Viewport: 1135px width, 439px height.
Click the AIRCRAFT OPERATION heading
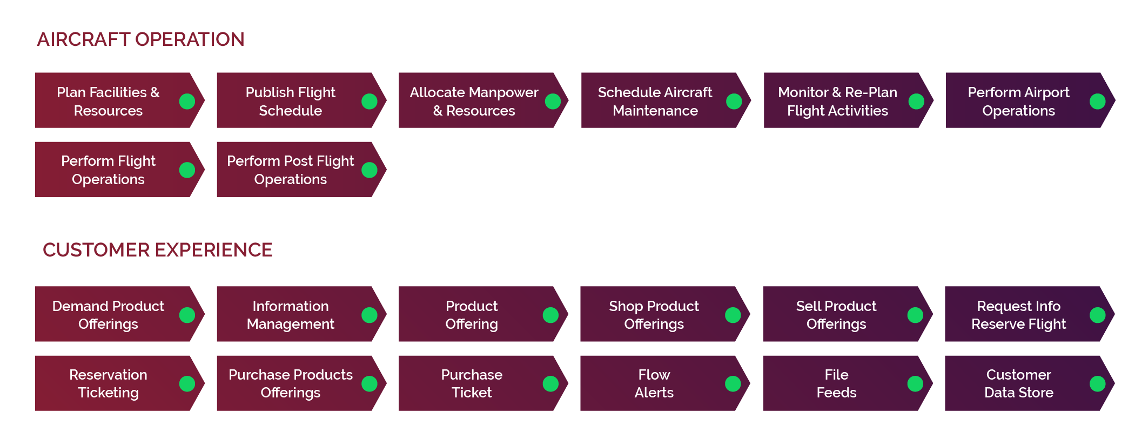coord(140,39)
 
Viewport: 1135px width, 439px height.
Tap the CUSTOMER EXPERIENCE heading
coord(157,250)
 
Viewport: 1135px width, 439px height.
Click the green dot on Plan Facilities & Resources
coord(187,101)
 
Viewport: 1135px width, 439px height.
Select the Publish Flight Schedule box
coord(290,101)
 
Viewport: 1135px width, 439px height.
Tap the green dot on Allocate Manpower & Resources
coord(553,101)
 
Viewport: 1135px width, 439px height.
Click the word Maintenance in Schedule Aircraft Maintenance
coord(655,111)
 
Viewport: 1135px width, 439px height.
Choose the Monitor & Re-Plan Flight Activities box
coord(837,101)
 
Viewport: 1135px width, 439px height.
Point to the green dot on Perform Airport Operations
coord(1097,101)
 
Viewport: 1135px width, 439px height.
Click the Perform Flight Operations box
coord(108,170)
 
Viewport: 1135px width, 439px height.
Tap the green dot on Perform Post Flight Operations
coord(370,170)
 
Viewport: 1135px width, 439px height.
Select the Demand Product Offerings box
coord(108,314)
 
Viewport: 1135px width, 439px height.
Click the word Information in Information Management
coord(290,306)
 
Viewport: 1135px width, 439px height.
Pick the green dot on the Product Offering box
coord(550,315)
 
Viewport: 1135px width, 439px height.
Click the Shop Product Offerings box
coord(654,314)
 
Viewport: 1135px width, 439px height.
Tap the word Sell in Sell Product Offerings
coord(805,306)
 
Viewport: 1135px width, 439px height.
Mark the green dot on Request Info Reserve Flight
coord(1097,315)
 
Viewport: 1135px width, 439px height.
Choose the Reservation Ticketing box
coord(108,383)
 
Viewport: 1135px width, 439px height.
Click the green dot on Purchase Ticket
coord(550,383)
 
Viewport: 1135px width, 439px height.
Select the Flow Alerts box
coord(654,383)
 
